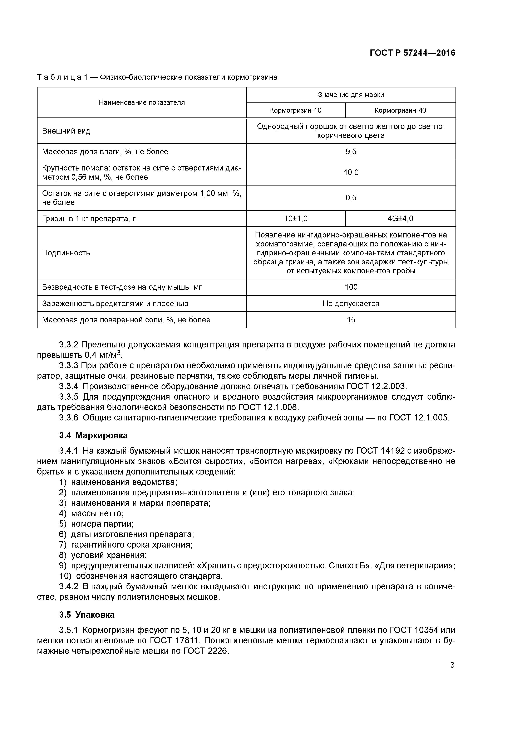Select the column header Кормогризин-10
[296, 110]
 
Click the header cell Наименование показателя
[142, 102]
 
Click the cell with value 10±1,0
[296, 219]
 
